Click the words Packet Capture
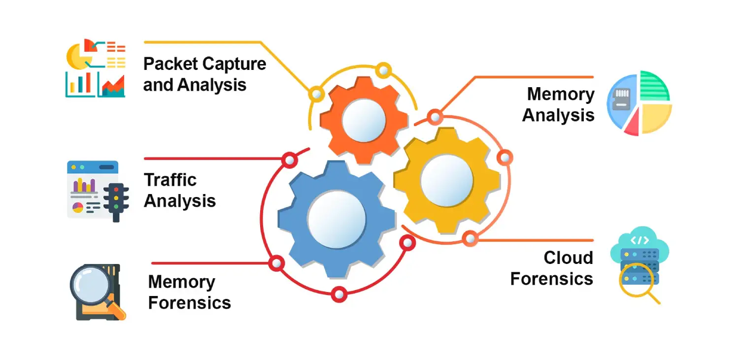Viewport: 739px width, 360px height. [204, 64]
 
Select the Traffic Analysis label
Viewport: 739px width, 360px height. [180, 191]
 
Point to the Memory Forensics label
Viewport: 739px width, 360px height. [190, 292]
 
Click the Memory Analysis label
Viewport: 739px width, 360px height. [558, 104]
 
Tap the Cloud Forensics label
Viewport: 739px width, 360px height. [552, 268]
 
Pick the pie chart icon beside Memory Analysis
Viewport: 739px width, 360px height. [639, 103]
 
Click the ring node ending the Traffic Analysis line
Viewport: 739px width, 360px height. [290, 160]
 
